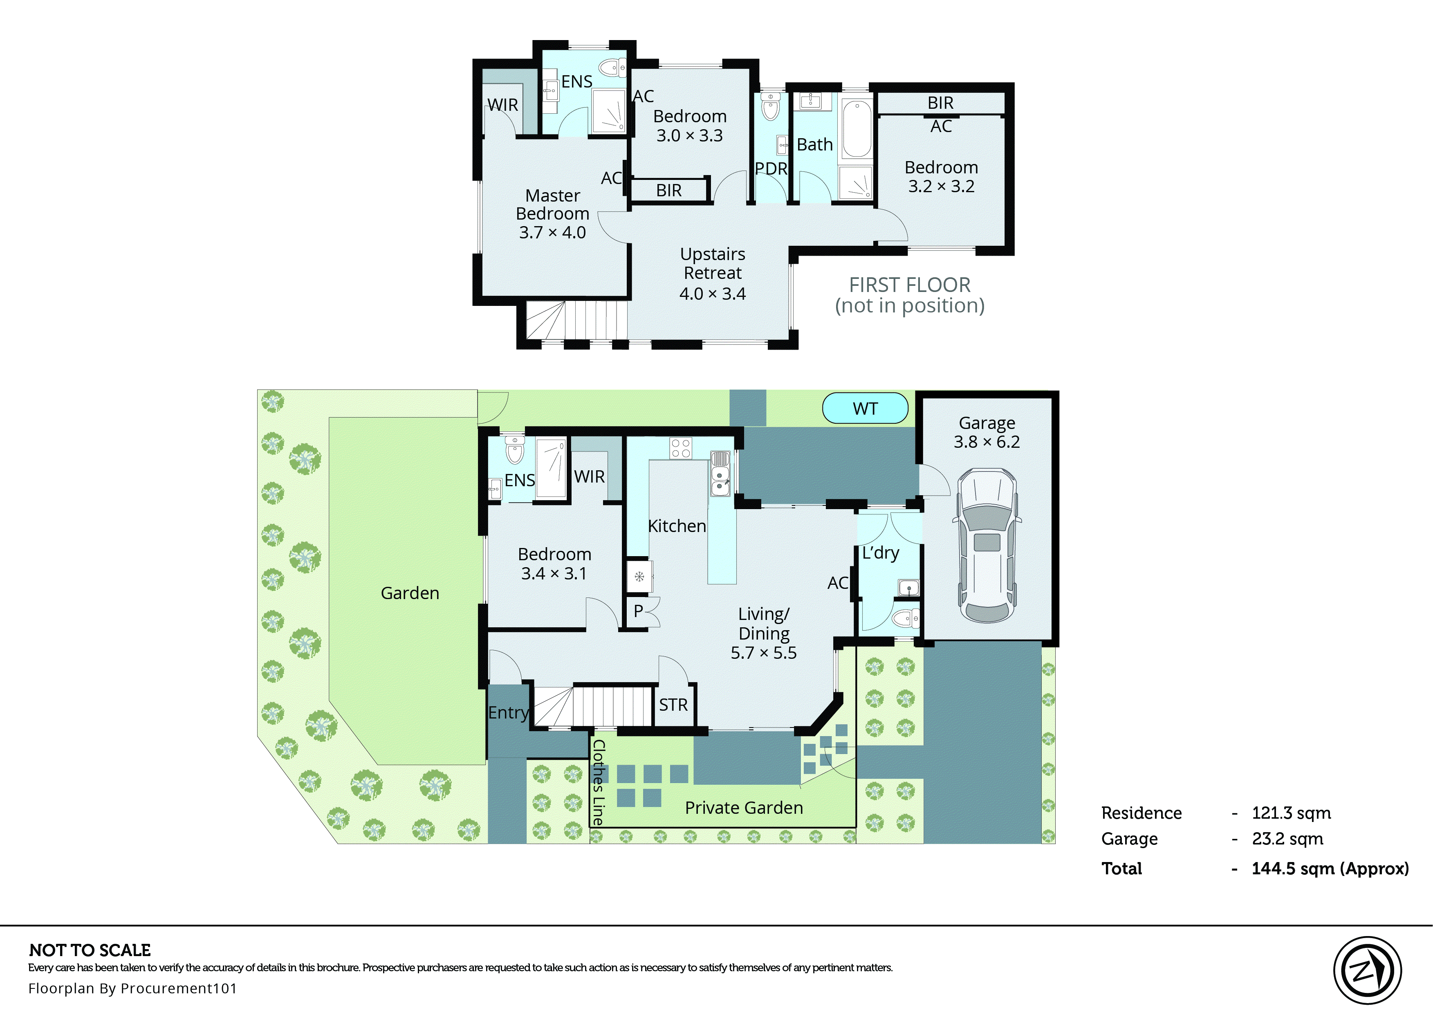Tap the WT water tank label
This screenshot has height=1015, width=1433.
pyautogui.click(x=865, y=409)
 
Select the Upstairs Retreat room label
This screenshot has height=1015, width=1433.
pyautogui.click(x=713, y=273)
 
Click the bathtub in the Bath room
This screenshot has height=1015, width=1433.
pyautogui.click(x=857, y=129)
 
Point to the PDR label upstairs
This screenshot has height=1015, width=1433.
pyautogui.click(x=771, y=169)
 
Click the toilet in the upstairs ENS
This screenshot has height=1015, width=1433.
pyautogui.click(x=612, y=67)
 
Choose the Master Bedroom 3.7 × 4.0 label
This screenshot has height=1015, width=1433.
pyautogui.click(x=552, y=214)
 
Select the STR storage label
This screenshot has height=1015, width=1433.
pyautogui.click(x=673, y=705)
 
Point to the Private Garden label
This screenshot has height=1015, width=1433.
pyautogui.click(x=743, y=808)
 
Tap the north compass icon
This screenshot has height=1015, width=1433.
pyautogui.click(x=1367, y=970)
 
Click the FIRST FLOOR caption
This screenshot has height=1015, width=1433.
pyautogui.click(x=910, y=285)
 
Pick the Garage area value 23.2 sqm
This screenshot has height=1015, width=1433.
pyautogui.click(x=1287, y=839)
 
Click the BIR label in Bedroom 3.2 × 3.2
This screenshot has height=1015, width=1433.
pyautogui.click(x=940, y=103)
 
